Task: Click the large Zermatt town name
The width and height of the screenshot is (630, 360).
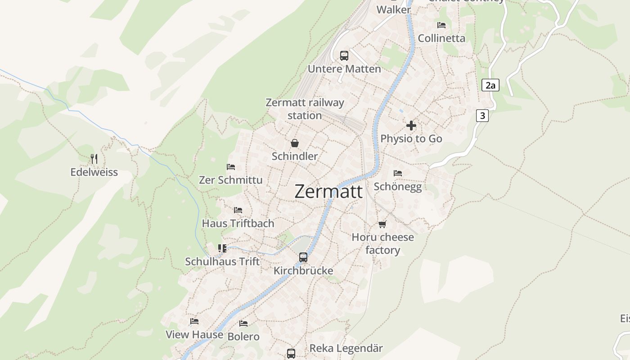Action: [328, 192]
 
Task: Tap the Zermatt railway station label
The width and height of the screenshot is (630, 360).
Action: [305, 109]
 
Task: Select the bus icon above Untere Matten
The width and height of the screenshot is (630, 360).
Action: [344, 56]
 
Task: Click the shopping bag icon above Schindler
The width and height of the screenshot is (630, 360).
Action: [295, 143]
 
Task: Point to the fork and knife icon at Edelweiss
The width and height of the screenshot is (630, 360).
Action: [94, 158]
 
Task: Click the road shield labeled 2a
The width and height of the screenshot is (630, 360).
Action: [490, 85]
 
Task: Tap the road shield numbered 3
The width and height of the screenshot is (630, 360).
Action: [482, 116]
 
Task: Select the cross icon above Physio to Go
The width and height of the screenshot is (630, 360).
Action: [411, 126]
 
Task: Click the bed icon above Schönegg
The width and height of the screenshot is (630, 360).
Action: [398, 173]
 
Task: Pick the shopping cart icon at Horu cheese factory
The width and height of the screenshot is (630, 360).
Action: [382, 224]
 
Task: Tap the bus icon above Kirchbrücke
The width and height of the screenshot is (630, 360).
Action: [303, 257]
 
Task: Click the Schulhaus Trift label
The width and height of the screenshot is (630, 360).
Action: [222, 261]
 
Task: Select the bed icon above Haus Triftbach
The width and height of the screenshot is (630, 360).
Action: [238, 210]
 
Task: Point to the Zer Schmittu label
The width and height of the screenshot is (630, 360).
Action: [231, 180]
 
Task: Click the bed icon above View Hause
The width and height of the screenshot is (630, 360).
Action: [194, 321]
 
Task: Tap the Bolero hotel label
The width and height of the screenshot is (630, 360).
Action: [243, 337]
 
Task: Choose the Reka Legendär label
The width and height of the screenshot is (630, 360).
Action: [346, 348]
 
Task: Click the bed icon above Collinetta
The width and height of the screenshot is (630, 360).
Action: [441, 25]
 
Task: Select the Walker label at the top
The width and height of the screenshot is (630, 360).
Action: [394, 9]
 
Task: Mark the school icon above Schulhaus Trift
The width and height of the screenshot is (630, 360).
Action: [222, 248]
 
